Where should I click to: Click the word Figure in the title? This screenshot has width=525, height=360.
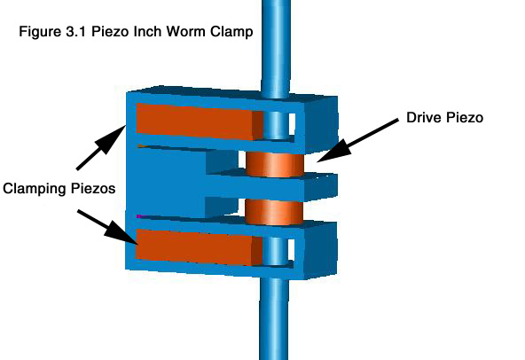coord(38,32)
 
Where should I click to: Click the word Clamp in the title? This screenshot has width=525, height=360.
coord(231,33)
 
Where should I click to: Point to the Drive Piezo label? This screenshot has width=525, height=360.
coord(444,118)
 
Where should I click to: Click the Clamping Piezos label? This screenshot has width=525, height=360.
coord(59,189)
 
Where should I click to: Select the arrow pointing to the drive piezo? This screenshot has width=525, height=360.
coord(357,140)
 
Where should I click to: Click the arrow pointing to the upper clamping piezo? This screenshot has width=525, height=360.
coord(101,147)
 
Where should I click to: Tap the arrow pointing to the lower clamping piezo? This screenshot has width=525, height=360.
coord(107,227)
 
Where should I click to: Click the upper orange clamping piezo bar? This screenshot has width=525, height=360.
coord(200,121)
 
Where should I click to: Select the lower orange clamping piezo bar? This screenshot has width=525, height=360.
coord(199,247)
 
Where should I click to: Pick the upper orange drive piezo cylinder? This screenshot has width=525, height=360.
coord(275,164)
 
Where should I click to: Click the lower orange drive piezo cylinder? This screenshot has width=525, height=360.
coord(274,212)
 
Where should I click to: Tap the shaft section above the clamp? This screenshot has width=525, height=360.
coord(276,47)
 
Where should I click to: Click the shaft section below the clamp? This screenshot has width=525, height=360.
coord(273,318)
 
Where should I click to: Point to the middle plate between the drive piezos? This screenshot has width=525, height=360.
coord(271,186)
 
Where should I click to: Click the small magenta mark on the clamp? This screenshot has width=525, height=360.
coord(139,216)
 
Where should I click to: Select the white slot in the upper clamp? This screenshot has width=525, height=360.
coord(292,124)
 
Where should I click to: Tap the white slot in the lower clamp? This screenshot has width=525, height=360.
coord(291,250)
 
